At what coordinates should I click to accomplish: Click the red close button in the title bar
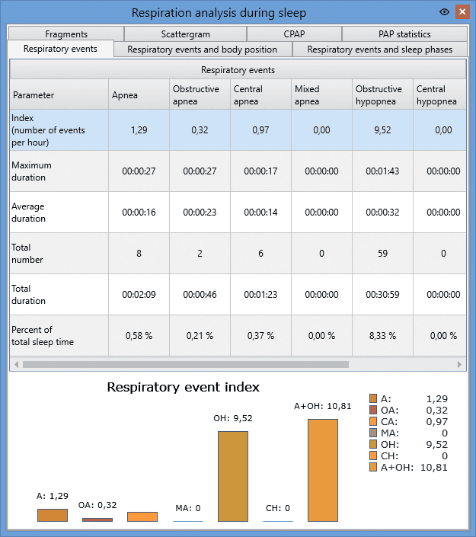click(x=462, y=12)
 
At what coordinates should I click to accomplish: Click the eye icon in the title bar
click(x=444, y=12)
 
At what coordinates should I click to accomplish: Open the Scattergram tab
click(x=185, y=34)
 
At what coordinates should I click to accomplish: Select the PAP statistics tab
click(x=404, y=34)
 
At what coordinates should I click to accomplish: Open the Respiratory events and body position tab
click(x=203, y=50)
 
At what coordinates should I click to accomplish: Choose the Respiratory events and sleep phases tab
click(x=380, y=50)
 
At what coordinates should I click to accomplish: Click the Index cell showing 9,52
click(x=382, y=130)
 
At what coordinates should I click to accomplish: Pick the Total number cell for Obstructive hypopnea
click(x=382, y=254)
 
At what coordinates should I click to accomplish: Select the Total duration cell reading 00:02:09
click(x=139, y=295)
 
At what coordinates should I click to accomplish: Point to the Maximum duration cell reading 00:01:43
click(x=382, y=171)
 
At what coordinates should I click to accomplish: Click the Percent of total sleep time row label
click(x=43, y=336)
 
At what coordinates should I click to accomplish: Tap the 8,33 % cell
click(x=382, y=336)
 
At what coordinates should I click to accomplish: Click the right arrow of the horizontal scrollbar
click(x=459, y=364)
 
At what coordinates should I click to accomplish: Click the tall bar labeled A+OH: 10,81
click(x=323, y=470)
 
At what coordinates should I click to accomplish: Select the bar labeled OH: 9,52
click(x=233, y=476)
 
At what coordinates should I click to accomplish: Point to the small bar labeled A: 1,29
click(x=53, y=515)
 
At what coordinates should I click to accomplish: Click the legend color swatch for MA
click(x=373, y=433)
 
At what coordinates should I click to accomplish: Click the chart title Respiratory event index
click(x=184, y=387)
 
